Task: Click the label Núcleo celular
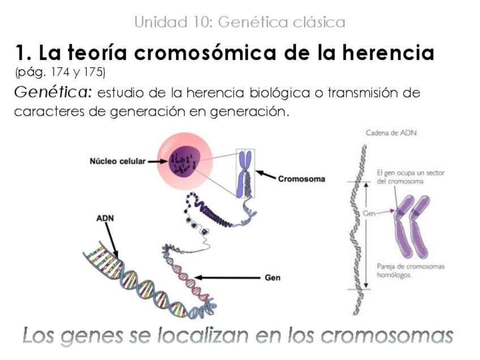pos(117,161)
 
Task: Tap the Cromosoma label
pos(301,179)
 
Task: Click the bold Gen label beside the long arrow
pos(272,278)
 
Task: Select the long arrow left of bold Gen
pos(226,278)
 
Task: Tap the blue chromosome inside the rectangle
pos(246,173)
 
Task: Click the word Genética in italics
pos(53,92)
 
